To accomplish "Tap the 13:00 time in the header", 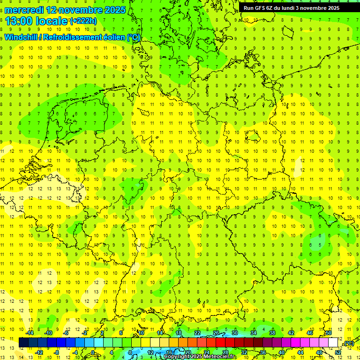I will tap(19, 21).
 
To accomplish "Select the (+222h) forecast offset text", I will tap(83, 21).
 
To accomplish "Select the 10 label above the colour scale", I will tap(141, 333).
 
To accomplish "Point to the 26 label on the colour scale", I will tap(216, 333).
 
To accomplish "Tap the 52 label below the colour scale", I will tap(338, 352).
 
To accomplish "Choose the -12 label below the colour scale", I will tap(39, 352).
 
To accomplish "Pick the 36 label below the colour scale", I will tap(263, 352).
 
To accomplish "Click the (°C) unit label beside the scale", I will tap(349, 343).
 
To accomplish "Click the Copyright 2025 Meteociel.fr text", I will tap(199, 357).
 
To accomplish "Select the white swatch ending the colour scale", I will tap(333, 342).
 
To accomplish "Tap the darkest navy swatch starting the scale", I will tap(23, 342).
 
